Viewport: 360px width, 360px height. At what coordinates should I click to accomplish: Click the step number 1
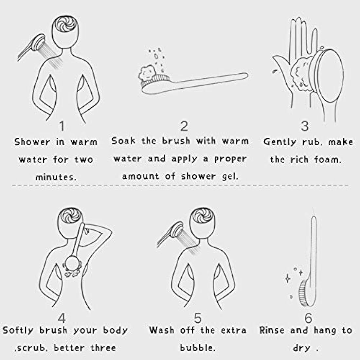click(62, 126)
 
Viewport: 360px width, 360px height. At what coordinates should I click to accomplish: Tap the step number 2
click(184, 126)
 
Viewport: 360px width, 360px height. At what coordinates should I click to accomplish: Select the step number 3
click(305, 126)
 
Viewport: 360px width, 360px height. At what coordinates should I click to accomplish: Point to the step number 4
click(62, 318)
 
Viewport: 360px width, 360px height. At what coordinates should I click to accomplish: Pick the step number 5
click(198, 318)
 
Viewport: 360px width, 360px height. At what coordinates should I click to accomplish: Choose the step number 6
click(308, 318)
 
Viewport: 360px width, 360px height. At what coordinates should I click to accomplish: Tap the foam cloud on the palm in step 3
click(299, 74)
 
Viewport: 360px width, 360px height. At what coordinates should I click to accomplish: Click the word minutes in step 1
click(55, 177)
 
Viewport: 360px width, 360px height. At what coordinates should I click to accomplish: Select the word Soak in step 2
click(123, 140)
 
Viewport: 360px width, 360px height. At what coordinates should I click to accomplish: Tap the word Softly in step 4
click(18, 331)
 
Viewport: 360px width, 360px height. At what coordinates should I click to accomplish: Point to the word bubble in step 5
click(198, 348)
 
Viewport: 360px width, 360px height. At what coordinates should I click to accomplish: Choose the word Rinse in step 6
click(272, 331)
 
